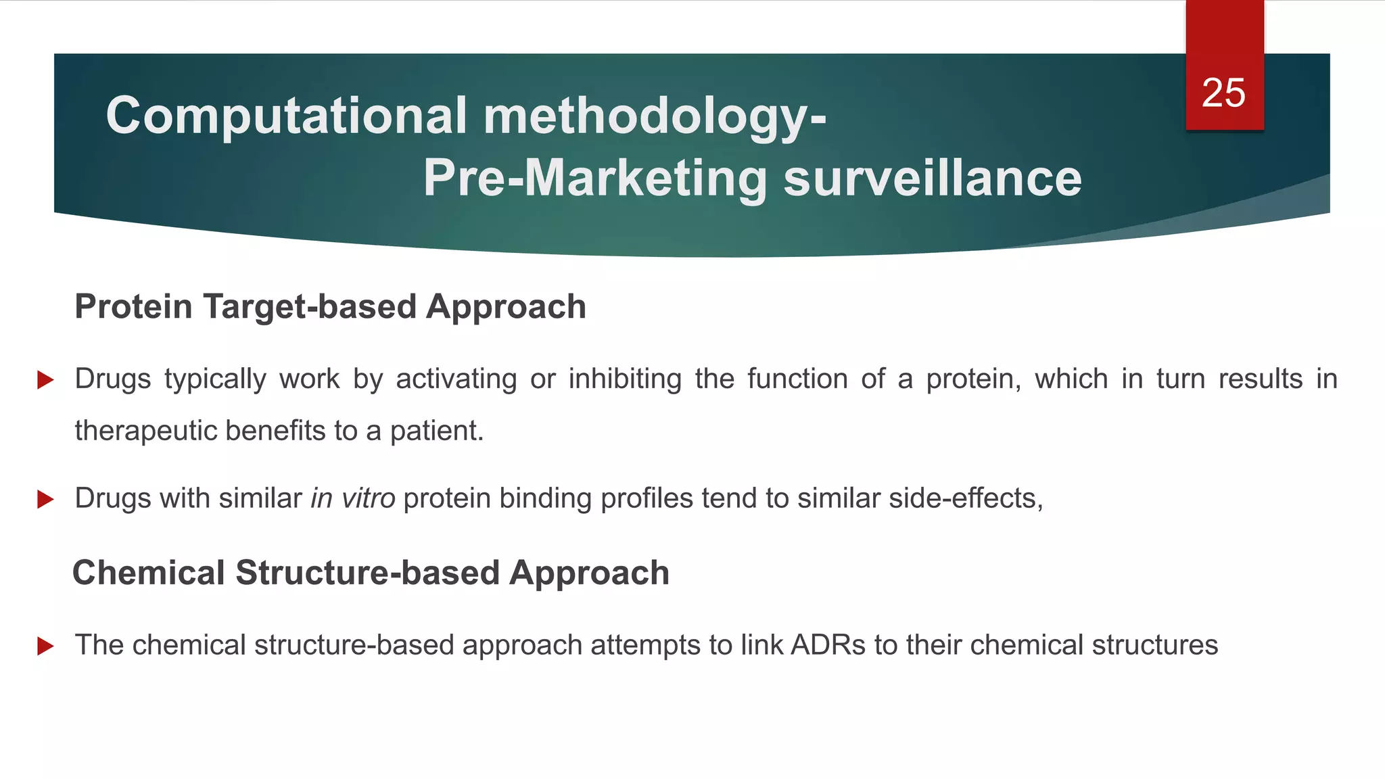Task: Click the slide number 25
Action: pyautogui.click(x=1223, y=93)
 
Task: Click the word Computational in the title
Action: pyautogui.click(x=286, y=116)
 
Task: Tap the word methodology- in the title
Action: pyautogui.click(x=654, y=116)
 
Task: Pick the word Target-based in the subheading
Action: pyautogui.click(x=310, y=306)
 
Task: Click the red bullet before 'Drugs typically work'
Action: pyautogui.click(x=45, y=379)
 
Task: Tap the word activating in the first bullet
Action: pyautogui.click(x=456, y=379)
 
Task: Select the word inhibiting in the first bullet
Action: pyautogui.click(x=625, y=379)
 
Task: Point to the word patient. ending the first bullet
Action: pyautogui.click(x=437, y=431)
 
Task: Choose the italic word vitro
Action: pyautogui.click(x=368, y=498)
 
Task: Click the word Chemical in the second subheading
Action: pyautogui.click(x=148, y=573)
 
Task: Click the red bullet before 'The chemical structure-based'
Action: pyautogui.click(x=45, y=646)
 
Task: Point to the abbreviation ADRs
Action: pyautogui.click(x=828, y=645)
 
